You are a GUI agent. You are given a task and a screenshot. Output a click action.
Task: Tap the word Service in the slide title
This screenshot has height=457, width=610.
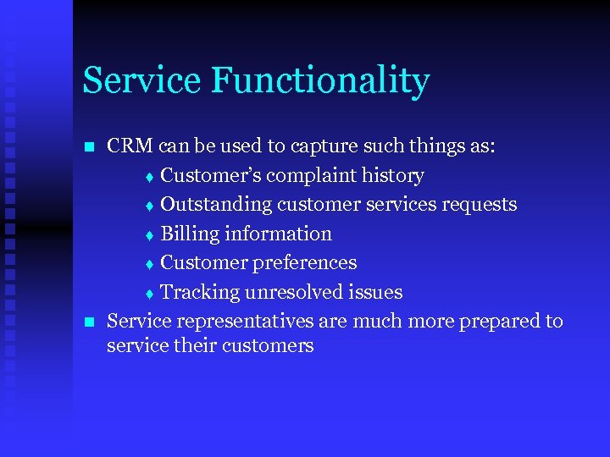pos(141,80)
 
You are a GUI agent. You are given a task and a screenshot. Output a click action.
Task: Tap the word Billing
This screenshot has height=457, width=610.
pos(188,234)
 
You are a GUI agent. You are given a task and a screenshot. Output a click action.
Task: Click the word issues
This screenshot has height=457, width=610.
pos(378,292)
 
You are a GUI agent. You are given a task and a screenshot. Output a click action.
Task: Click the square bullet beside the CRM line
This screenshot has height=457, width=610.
pos(90,147)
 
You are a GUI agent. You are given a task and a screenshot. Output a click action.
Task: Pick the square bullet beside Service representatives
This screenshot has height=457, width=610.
pos(90,322)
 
